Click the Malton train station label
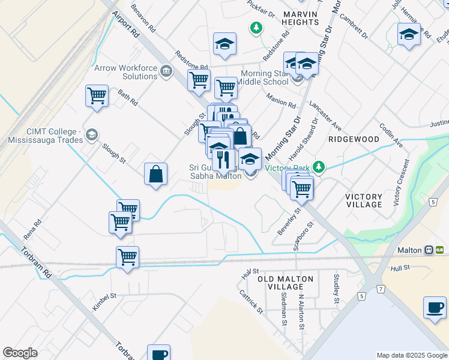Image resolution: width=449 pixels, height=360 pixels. coord(411,250)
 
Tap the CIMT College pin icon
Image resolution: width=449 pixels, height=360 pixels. coord(91,134)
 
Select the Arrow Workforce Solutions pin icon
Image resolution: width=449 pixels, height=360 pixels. coord(166,73)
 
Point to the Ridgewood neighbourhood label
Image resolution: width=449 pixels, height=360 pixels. coord(354,139)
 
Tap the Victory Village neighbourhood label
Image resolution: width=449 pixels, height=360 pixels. coord(364,200)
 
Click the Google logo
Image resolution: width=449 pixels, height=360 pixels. coord(20,353)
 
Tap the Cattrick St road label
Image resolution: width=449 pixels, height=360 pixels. coord(251,302)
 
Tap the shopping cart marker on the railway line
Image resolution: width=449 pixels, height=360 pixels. coord(127,258)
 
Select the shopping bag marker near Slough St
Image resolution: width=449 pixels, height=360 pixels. coord(155,175)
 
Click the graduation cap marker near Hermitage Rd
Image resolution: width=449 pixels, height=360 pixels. coord(409,34)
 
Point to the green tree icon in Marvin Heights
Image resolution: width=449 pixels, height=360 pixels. coord(256,27)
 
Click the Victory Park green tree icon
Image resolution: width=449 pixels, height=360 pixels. coord(320,167)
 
